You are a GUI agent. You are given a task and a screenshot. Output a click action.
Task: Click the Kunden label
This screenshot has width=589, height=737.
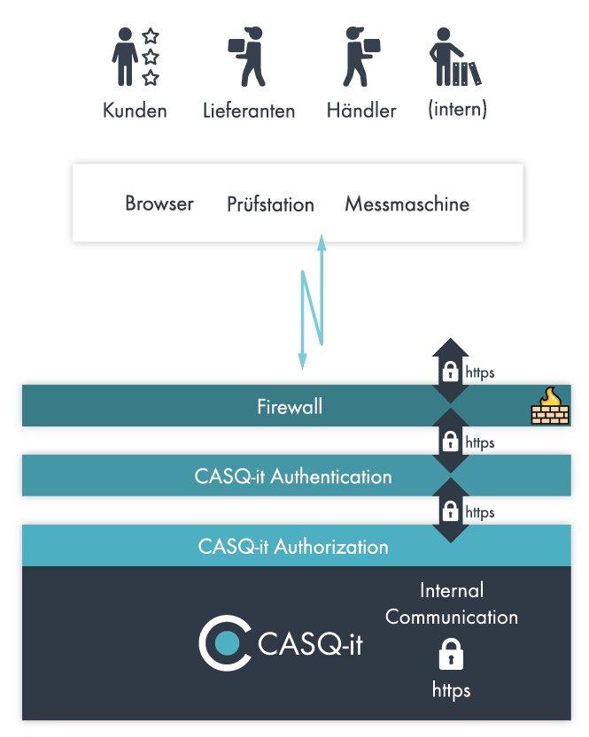[135, 111]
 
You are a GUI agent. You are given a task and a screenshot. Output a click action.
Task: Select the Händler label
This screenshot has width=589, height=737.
[361, 111]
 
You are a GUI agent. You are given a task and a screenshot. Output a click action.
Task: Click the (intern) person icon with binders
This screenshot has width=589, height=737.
[454, 58]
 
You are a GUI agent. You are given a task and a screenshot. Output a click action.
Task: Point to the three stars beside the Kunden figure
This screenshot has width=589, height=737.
[151, 58]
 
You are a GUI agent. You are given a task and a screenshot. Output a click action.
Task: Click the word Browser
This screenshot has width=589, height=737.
[159, 203]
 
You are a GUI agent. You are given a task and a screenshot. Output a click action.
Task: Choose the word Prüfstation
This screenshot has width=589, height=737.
[270, 204]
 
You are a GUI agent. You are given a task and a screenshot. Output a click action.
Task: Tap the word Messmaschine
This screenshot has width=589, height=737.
[407, 204]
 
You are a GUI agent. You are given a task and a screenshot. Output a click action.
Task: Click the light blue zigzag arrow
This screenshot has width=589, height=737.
[312, 301]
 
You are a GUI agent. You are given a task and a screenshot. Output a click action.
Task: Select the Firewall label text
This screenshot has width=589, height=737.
[290, 407]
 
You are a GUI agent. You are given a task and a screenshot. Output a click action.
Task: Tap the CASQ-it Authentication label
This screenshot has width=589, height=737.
[293, 476]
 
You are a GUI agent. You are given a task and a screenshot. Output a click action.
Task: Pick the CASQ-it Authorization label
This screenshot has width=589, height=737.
[293, 547]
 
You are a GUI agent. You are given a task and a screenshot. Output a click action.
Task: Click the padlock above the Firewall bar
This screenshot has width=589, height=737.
[450, 370]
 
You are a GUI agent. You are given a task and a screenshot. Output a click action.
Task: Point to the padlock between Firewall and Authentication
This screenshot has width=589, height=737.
[450, 440]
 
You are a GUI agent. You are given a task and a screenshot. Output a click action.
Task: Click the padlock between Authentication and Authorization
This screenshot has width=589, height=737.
[450, 511]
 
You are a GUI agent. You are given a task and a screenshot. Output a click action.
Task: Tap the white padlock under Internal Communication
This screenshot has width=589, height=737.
[451, 655]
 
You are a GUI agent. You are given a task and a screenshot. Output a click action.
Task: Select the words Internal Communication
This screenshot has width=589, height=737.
[452, 603]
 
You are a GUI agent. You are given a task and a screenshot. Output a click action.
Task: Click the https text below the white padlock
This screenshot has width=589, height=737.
[452, 688]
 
